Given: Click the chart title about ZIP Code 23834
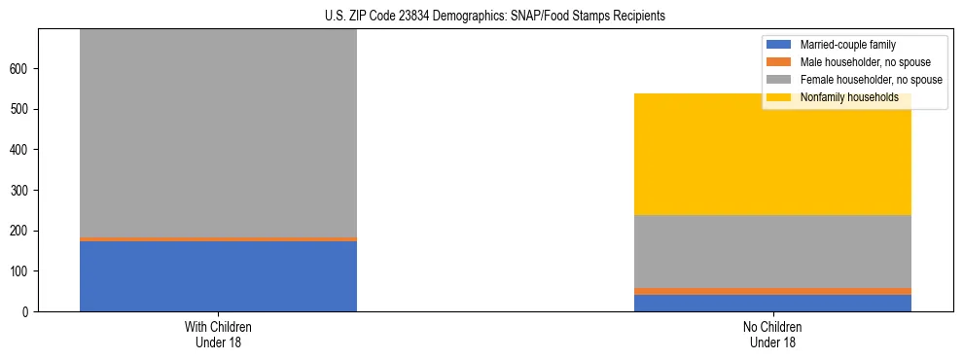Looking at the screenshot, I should [x=481, y=16].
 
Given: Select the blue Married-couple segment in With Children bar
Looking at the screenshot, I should [x=218, y=276].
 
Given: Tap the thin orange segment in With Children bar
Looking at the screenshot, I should [x=218, y=238].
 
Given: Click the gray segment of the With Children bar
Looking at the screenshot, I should [x=218, y=132].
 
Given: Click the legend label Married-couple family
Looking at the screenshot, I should [x=847, y=45].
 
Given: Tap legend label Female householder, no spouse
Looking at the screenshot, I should [x=871, y=80].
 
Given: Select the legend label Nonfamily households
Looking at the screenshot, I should [x=848, y=97].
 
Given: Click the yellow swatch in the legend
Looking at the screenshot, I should [x=780, y=97].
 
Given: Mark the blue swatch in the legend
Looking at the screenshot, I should [x=780, y=45].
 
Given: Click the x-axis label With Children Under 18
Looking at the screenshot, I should [x=218, y=335].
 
